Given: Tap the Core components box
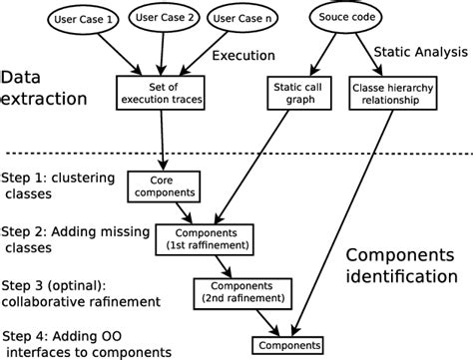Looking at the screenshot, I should point(164,184).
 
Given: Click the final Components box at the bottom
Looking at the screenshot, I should point(286,345).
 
